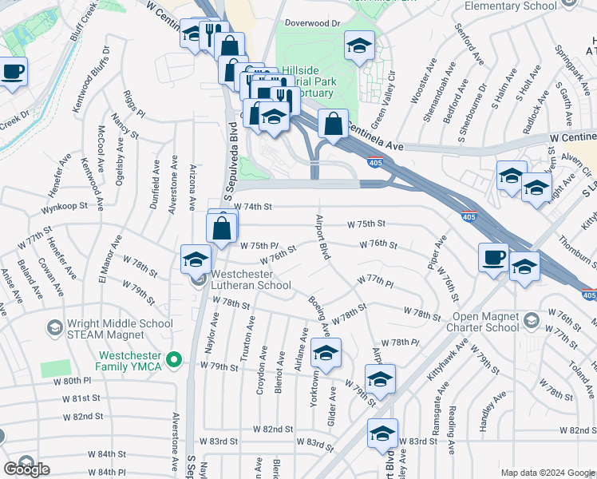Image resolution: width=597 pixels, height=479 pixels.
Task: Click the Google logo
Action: [26, 469]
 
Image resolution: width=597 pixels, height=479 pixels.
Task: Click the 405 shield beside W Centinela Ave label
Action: [375, 163]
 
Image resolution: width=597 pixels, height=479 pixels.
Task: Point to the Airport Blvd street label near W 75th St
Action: [324, 237]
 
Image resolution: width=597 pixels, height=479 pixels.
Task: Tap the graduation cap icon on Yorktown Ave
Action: [325, 353]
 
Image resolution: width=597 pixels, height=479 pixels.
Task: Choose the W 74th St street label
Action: [254, 207]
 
